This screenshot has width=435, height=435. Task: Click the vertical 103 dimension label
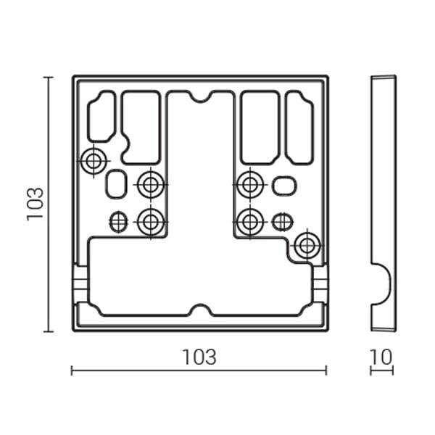(36, 204)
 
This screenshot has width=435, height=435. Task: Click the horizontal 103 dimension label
(199, 357)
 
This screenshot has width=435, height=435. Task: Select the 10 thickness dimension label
(381, 357)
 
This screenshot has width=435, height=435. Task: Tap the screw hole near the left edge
(94, 161)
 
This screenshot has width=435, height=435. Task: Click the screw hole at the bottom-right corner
(307, 246)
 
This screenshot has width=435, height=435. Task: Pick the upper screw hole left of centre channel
(151, 184)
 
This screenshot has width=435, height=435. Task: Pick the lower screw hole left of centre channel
(151, 222)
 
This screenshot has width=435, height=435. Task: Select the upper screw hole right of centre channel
(250, 184)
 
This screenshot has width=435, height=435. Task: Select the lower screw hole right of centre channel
(250, 222)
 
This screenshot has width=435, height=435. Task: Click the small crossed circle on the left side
(119, 222)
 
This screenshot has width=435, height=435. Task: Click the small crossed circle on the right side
(282, 222)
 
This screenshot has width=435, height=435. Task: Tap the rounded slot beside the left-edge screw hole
(116, 184)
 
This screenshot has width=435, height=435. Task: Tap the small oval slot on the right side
(284, 186)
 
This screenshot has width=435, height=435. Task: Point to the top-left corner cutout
(101, 116)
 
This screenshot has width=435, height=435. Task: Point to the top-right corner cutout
(299, 128)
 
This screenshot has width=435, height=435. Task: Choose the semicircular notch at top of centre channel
(200, 96)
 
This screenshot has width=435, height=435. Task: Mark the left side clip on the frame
(80, 283)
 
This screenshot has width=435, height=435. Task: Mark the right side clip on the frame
(320, 283)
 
